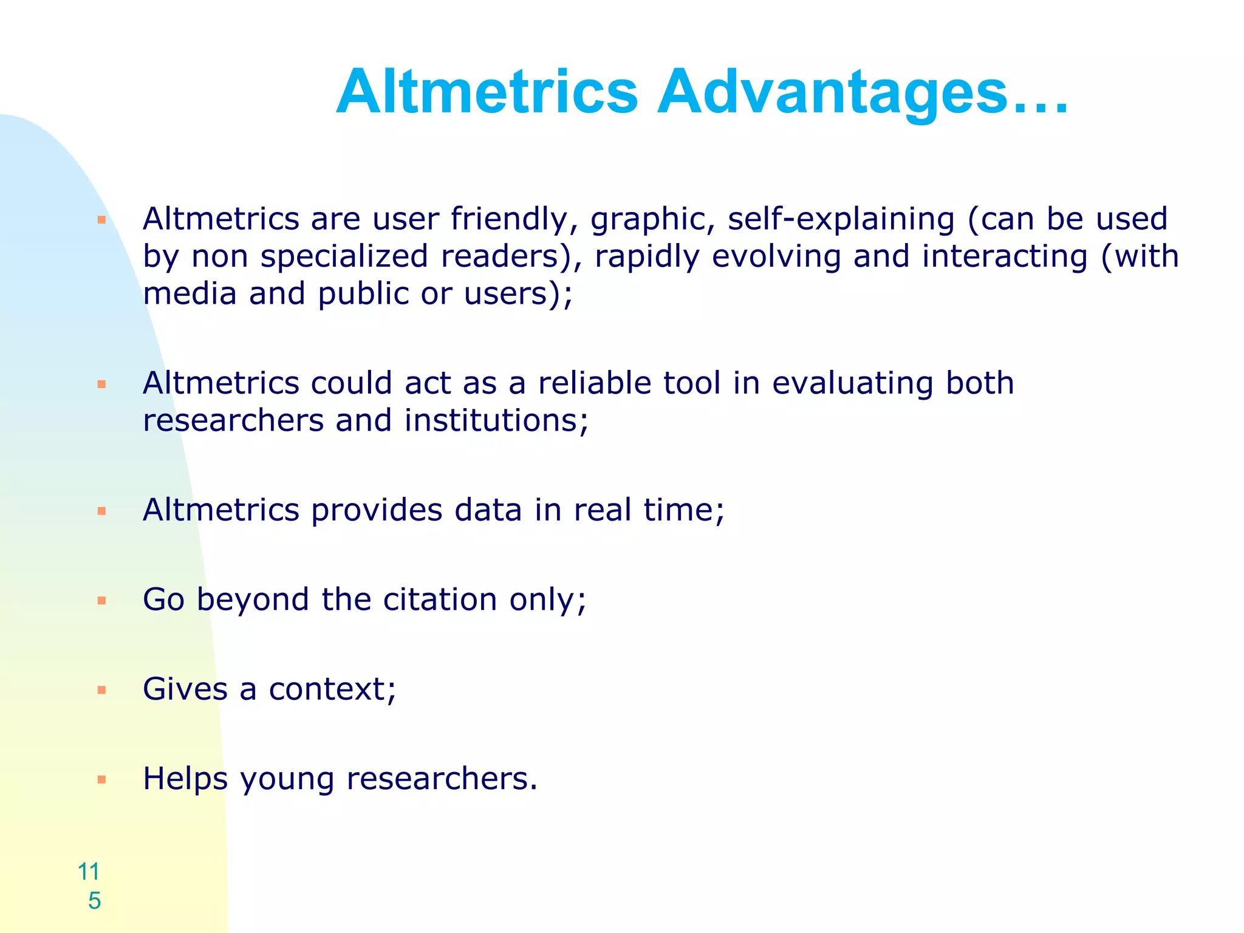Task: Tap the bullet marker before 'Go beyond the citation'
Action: (102, 601)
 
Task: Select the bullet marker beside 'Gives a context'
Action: (102, 690)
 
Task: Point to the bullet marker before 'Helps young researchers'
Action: (102, 779)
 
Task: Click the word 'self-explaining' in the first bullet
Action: (841, 220)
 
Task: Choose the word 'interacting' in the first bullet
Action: (1005, 257)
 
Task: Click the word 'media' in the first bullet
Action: (190, 294)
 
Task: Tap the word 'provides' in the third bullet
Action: (377, 510)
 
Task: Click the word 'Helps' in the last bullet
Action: (185, 779)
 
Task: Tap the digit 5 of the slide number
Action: (94, 901)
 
